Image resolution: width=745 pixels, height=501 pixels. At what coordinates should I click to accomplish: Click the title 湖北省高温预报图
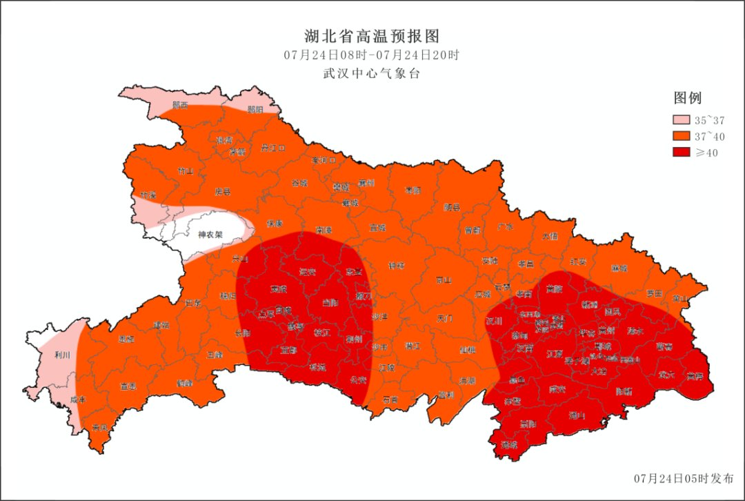tap(372, 36)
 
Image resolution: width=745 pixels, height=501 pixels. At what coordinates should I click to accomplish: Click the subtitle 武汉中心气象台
tap(372, 73)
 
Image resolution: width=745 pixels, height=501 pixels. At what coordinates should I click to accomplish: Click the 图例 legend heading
tap(688, 98)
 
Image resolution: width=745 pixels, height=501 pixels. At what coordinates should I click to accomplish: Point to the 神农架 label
tap(210, 235)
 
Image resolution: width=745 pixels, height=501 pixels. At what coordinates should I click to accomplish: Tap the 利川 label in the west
tap(62, 356)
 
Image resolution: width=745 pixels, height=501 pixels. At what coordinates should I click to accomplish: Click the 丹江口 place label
tap(273, 148)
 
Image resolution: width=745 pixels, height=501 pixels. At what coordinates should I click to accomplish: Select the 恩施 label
tap(126, 339)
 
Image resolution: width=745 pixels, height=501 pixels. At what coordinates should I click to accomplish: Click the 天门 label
tap(444, 318)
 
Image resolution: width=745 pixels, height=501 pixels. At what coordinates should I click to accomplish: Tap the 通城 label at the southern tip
tap(509, 445)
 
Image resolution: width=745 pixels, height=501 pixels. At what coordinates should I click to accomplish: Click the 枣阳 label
tap(413, 190)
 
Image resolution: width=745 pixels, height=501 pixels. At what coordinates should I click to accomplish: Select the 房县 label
tap(222, 191)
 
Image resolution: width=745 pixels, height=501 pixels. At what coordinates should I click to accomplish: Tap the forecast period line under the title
tap(372, 55)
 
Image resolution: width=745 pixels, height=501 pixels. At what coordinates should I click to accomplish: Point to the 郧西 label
tap(181, 106)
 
